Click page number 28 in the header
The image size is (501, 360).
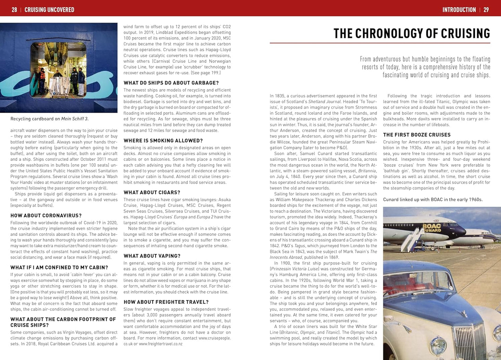click(14, 10)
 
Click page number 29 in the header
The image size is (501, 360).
click(486, 10)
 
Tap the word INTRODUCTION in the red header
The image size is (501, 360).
click(459, 10)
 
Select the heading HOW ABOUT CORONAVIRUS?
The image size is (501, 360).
click(46, 215)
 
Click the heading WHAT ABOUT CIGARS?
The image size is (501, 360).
click(152, 192)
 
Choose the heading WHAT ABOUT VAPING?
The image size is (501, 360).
click(152, 256)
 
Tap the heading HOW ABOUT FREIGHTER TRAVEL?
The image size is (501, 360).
click(166, 302)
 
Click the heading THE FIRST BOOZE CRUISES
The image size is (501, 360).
click(417, 135)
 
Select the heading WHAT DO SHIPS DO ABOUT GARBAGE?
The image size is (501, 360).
click(171, 83)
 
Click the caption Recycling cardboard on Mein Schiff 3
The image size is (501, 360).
click(49, 119)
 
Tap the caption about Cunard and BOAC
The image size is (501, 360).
click(433, 199)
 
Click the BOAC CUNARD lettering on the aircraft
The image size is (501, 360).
click(432, 228)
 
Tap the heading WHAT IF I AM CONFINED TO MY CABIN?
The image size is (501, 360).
click(59, 267)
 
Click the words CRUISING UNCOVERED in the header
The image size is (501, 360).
click(49, 10)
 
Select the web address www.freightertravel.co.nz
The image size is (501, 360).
click(161, 344)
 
